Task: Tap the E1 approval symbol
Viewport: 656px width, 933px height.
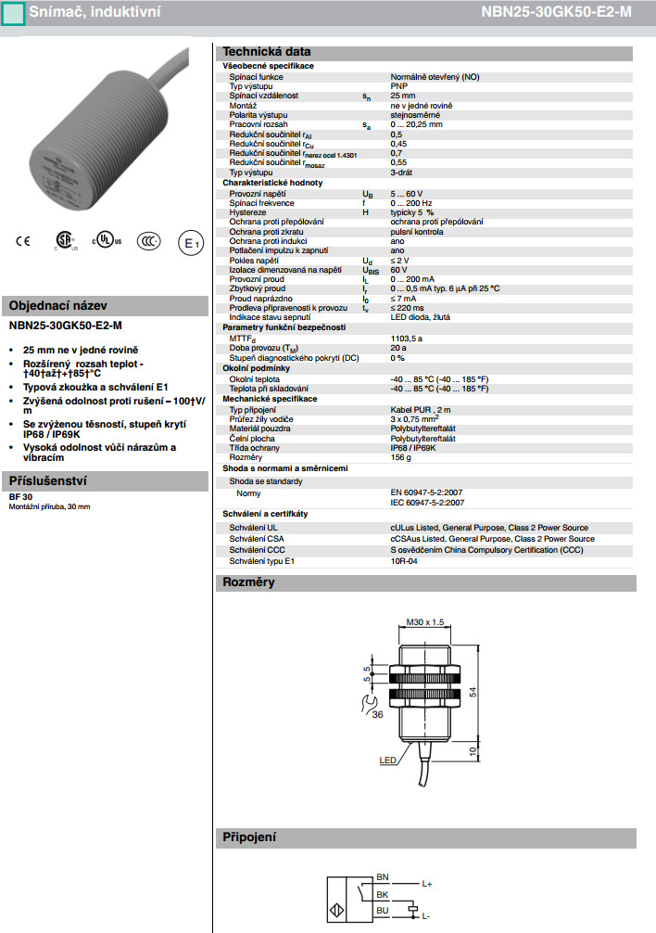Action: click(190, 243)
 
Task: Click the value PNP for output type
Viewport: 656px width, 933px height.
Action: click(398, 86)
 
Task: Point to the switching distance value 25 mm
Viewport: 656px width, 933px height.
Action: click(403, 96)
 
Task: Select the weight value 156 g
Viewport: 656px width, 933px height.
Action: click(401, 457)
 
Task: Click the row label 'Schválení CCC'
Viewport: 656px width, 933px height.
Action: click(258, 550)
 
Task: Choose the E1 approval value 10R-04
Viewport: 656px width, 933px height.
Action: click(405, 561)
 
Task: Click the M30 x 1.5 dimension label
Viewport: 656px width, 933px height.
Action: click(425, 622)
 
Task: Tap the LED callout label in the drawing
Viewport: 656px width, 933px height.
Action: click(388, 760)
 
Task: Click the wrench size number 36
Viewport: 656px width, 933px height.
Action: click(377, 715)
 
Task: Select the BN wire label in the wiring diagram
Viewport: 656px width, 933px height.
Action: click(383, 876)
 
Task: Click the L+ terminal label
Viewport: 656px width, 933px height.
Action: click(427, 884)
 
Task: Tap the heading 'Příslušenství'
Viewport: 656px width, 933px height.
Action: click(47, 482)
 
